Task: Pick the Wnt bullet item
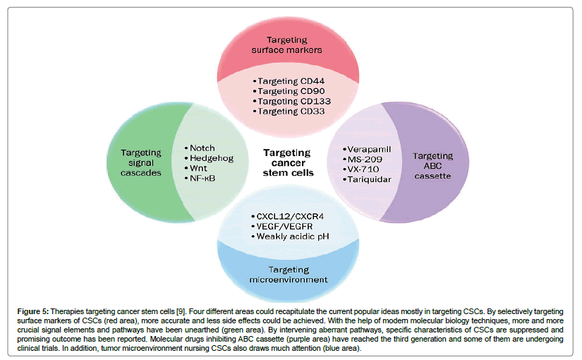click(201, 169)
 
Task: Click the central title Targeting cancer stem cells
click(286, 163)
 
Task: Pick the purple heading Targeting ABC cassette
click(432, 165)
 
